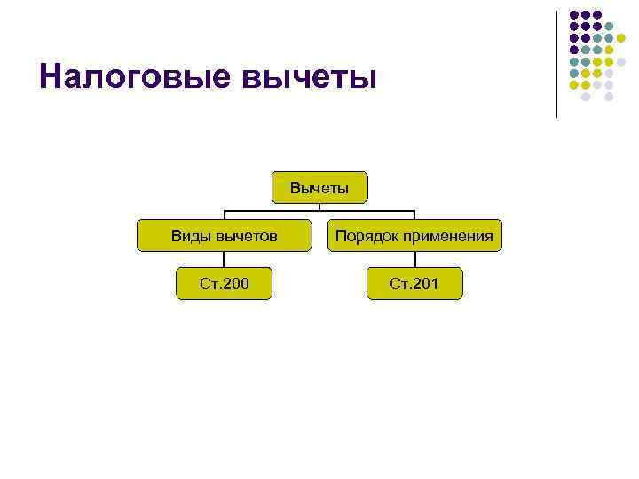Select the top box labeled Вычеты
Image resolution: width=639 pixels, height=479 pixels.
pyautogui.click(x=319, y=188)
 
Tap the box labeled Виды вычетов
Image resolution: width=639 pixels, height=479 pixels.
pyautogui.click(x=224, y=236)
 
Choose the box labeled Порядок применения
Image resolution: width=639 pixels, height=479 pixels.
pyautogui.click(x=414, y=236)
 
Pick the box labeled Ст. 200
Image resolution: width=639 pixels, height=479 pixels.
pyautogui.click(x=224, y=284)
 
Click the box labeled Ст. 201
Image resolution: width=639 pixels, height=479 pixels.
pyautogui.click(x=414, y=284)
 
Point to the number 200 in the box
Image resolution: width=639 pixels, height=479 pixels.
pyautogui.click(x=235, y=284)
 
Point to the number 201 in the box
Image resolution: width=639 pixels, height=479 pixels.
pyautogui.click(x=425, y=284)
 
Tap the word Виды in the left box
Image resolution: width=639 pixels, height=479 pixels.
pyautogui.click(x=188, y=236)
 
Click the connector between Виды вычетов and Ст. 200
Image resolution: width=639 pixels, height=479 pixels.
pyautogui.click(x=224, y=259)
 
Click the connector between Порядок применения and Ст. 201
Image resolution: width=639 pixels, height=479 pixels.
pyautogui.click(x=414, y=259)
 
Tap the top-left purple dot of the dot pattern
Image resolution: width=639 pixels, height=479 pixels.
pyautogui.click(x=574, y=15)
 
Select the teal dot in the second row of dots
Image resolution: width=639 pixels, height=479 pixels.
pyautogui.click(x=609, y=27)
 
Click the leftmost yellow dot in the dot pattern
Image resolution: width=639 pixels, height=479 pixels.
pyautogui.click(x=574, y=84)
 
